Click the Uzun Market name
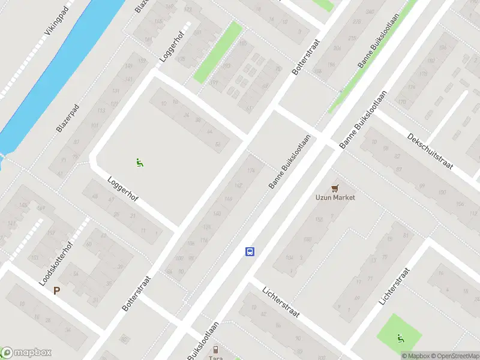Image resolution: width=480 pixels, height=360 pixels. (x=335, y=197)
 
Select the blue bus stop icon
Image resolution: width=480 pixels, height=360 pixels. (x=250, y=252)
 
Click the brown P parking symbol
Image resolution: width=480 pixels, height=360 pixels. (x=57, y=291)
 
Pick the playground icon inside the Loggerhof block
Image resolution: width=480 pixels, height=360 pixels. (x=139, y=162)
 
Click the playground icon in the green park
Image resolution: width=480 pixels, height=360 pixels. (x=400, y=338)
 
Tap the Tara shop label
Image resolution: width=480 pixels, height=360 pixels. (x=215, y=358)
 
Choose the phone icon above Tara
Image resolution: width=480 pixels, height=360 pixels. (x=215, y=349)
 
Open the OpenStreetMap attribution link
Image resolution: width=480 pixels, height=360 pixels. (x=454, y=355)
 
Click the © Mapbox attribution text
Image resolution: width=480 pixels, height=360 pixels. (x=415, y=355)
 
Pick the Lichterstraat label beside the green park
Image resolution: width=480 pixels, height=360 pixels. (x=394, y=286)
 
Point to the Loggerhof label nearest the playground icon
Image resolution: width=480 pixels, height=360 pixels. (x=123, y=189)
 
